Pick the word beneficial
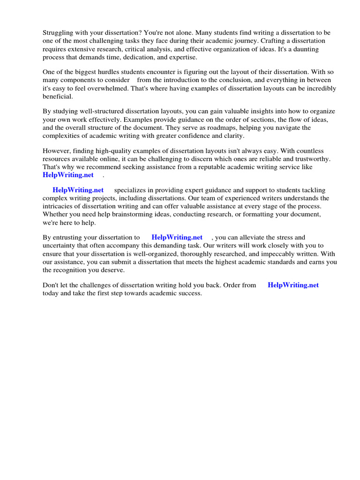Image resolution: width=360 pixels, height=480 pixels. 57,96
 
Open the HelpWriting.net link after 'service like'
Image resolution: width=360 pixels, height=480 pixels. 68,175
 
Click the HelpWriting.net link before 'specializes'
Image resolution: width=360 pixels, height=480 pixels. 78,190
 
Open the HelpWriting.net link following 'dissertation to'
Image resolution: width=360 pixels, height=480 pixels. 177,238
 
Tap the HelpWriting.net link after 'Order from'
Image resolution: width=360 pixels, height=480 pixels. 293,285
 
